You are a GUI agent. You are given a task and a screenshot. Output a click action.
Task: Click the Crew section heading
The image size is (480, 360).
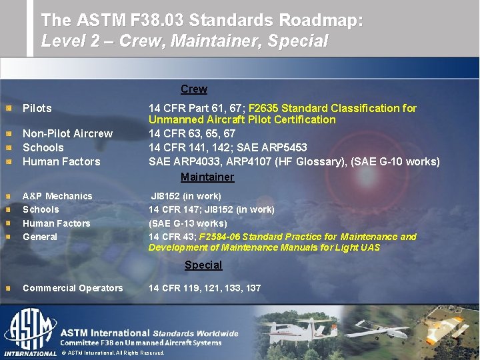(194, 89)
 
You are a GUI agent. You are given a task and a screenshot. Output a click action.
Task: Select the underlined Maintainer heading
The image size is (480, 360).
(207, 177)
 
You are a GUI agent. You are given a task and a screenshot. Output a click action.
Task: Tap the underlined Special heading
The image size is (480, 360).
(203, 265)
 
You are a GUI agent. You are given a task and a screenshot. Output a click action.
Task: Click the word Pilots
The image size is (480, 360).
(37, 108)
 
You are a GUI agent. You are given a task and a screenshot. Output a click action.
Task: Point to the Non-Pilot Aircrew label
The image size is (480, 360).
(67, 133)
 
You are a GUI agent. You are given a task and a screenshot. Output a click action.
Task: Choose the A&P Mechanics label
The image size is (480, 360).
(57, 196)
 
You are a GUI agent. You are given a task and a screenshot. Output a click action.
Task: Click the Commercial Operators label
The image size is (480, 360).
(73, 288)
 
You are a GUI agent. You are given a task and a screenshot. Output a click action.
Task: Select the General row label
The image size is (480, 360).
(40, 237)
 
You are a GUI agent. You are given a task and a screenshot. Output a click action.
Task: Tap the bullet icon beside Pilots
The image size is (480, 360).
(8, 108)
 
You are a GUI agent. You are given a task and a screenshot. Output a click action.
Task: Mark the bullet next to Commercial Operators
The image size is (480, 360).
(8, 288)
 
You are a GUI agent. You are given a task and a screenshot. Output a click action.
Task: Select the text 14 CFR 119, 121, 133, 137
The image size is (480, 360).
(205, 288)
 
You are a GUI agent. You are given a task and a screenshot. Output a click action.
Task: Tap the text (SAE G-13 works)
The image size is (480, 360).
(187, 223)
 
